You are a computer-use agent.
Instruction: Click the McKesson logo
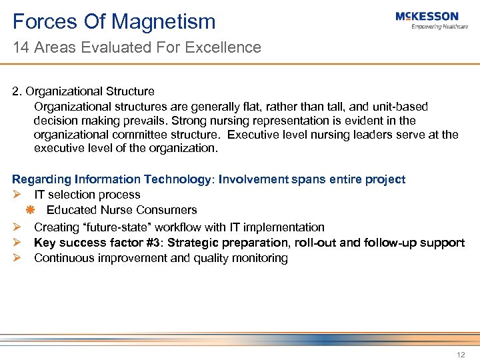(x=427, y=17)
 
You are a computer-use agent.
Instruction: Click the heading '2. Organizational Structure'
(x=83, y=91)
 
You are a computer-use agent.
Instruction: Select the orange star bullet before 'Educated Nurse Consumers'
(x=30, y=211)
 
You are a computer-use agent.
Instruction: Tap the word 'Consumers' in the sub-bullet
(x=171, y=210)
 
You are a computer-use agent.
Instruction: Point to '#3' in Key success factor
(x=154, y=243)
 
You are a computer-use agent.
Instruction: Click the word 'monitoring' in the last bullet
(x=260, y=259)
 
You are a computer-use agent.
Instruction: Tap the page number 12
(x=461, y=355)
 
